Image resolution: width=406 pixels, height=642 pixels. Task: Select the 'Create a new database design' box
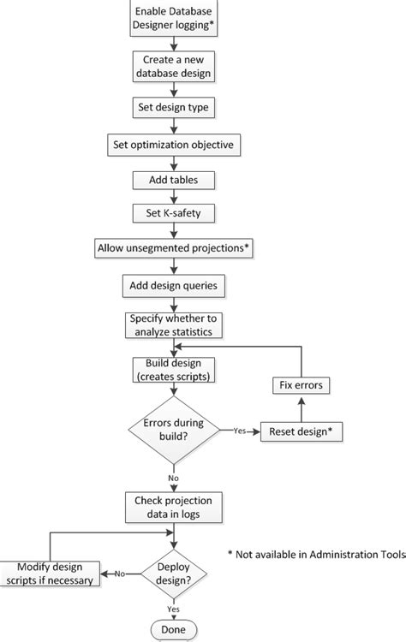(x=174, y=67)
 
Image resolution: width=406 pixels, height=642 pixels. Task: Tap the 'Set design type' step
(x=174, y=108)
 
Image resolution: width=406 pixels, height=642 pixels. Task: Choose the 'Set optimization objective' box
(x=174, y=145)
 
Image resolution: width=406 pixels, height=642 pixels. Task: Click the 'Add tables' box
(x=174, y=180)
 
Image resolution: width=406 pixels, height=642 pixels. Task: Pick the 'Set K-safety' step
(x=174, y=212)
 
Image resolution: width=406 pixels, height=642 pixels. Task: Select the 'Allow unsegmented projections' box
(x=174, y=247)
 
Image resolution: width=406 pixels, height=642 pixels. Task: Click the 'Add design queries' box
(x=174, y=284)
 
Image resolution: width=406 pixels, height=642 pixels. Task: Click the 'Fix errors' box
(x=302, y=385)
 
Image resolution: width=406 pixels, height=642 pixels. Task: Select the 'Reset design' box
(x=302, y=431)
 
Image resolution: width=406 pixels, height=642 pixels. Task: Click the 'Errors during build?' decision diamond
(x=174, y=431)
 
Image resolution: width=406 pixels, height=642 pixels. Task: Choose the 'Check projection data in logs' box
(x=174, y=506)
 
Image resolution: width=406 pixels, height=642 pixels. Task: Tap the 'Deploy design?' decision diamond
(x=174, y=574)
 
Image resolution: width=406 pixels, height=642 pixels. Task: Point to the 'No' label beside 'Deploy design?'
(x=120, y=574)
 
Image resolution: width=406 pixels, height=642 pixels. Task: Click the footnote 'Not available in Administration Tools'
(x=317, y=555)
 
